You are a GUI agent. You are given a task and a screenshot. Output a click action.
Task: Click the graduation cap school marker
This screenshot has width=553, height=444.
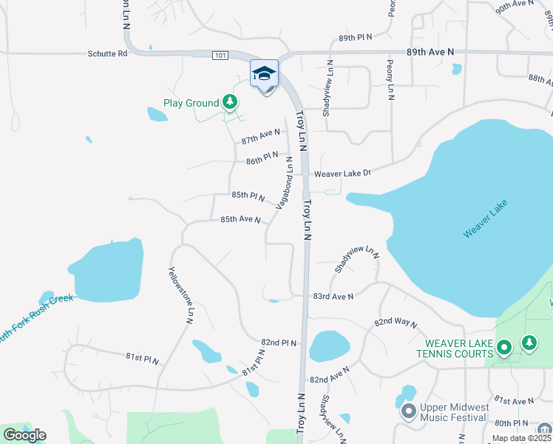click(264, 73)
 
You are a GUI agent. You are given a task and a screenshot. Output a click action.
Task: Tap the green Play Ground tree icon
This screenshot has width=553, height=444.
click(231, 102)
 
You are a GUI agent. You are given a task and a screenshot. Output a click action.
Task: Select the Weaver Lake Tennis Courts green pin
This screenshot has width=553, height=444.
click(504, 346)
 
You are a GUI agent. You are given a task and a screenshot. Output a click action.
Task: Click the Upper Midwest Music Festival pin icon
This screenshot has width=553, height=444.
click(408, 412)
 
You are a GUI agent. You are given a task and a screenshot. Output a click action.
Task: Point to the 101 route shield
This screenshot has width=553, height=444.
click(220, 55)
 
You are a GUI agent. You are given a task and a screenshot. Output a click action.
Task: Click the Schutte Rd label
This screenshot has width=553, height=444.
click(107, 53)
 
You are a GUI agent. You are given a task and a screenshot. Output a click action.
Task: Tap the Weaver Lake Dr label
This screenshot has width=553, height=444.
click(342, 174)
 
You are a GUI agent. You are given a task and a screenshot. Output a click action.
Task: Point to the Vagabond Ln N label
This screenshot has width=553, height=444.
click(285, 183)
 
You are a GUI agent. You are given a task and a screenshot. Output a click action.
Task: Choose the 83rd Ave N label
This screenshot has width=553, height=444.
click(333, 296)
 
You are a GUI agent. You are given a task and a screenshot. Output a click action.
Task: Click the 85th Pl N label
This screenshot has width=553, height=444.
click(248, 195)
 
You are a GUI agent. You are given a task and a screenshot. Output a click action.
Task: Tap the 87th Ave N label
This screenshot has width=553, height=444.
click(261, 136)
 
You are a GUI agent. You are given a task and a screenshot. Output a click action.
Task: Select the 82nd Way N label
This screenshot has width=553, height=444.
click(396, 323)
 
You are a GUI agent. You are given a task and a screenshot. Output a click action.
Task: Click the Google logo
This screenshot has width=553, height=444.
click(24, 435)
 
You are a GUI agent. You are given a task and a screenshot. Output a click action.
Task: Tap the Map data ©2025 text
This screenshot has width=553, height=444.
click(520, 438)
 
